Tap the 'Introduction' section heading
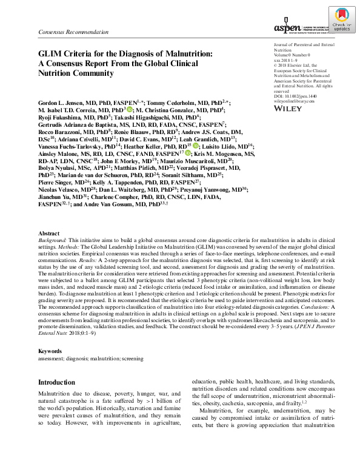(61, 383)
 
